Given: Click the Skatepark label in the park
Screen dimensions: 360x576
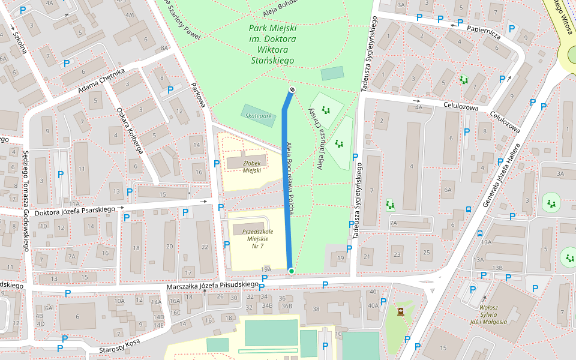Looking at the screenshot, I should pyautogui.click(x=259, y=116).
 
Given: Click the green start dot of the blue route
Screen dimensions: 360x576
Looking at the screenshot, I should pyautogui.click(x=291, y=271).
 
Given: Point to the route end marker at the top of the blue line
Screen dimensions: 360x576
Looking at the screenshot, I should pyautogui.click(x=292, y=89).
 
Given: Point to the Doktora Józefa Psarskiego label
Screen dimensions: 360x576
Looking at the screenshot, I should pyautogui.click(x=74, y=209).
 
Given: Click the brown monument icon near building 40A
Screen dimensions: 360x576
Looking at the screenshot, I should pyautogui.click(x=400, y=311).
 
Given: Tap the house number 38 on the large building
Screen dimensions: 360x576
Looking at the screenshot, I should pyautogui.click(x=316, y=310).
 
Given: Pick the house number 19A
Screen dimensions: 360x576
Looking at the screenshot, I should pyautogui.click(x=266, y=269).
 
